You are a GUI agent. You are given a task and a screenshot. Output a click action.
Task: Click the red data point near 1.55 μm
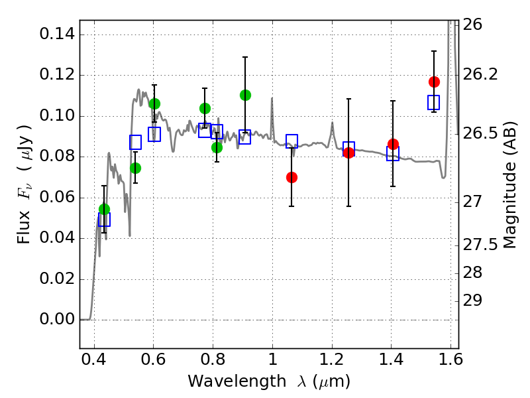434,82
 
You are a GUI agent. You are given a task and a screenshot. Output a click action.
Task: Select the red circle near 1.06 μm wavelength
291,177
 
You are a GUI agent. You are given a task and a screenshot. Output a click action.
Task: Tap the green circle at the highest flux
245,95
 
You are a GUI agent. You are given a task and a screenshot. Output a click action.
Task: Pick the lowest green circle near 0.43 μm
104,209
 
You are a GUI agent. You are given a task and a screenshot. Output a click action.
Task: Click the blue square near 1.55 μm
434,102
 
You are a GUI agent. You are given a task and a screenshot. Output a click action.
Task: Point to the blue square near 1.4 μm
393,153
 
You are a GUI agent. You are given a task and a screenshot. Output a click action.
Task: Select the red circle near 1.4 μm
393,144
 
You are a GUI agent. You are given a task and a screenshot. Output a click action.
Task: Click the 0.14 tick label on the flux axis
57,34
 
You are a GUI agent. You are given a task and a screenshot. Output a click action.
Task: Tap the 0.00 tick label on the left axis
57,320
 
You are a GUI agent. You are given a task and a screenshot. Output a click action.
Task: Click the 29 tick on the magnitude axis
473,300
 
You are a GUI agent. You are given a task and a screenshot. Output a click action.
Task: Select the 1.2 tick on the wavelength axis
331,362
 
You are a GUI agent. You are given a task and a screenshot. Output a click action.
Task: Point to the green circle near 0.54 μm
135,168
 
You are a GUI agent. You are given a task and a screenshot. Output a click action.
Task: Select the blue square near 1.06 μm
291,141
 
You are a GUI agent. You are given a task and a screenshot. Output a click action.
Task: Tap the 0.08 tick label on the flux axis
57,157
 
